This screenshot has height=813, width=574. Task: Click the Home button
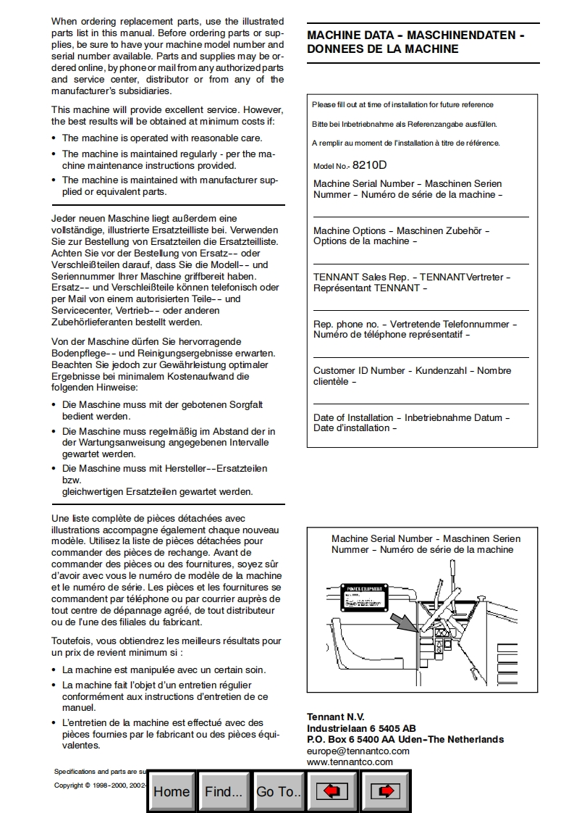172,791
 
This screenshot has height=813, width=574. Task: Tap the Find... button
224,791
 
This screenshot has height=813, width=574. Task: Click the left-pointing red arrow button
332,791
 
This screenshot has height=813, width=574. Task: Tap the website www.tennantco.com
350,762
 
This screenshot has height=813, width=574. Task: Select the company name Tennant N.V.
336,717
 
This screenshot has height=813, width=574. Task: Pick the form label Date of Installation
353,418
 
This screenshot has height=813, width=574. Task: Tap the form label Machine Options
350,231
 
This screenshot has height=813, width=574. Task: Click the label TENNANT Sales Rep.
359,278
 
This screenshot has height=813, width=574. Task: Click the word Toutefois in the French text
72,641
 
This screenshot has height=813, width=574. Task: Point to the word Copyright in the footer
69,785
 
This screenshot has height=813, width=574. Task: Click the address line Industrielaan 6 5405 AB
361,728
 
